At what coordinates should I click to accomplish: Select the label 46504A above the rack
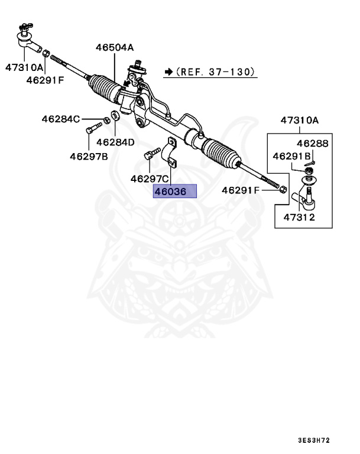[x=115, y=48]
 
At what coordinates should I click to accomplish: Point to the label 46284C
[x=60, y=119]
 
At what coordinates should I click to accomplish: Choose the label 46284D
[x=115, y=142]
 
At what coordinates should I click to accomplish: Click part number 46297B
[x=89, y=157]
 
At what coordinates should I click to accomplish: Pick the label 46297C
[x=150, y=179]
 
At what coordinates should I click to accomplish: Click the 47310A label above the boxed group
[x=299, y=121]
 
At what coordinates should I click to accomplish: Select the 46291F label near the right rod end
[x=241, y=190]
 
